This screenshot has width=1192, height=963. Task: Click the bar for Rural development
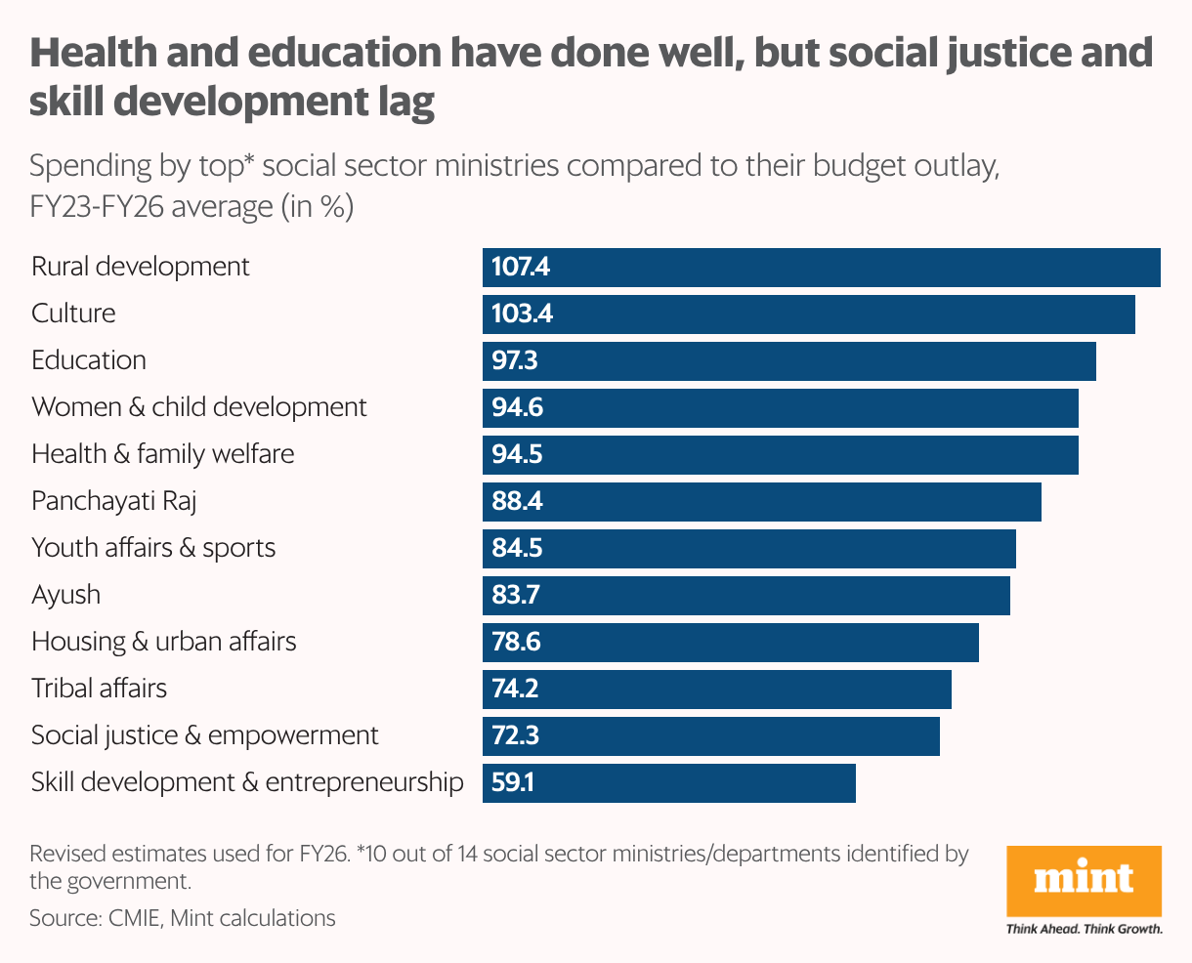coord(821,267)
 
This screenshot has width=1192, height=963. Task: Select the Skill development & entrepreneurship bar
coord(668,782)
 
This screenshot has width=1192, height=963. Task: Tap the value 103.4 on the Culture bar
coord(523,314)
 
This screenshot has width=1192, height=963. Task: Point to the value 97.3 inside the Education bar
coord(515,360)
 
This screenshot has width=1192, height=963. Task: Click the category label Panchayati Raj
coord(114,501)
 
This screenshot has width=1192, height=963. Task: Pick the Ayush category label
coord(65,595)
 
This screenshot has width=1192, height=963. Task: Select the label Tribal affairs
coord(99,689)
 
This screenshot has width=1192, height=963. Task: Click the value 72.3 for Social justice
coord(515,735)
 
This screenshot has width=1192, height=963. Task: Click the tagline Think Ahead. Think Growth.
coord(1084,929)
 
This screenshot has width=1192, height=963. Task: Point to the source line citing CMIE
coord(182,918)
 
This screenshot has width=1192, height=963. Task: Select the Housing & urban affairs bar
coord(730,642)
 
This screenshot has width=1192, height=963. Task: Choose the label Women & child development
coord(199,407)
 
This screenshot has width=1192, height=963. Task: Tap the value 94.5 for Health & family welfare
coord(518,454)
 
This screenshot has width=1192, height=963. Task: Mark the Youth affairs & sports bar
coord(748,548)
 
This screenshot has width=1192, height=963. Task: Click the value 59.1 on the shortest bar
coord(513,782)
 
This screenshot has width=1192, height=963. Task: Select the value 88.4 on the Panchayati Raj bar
coord(518,501)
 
